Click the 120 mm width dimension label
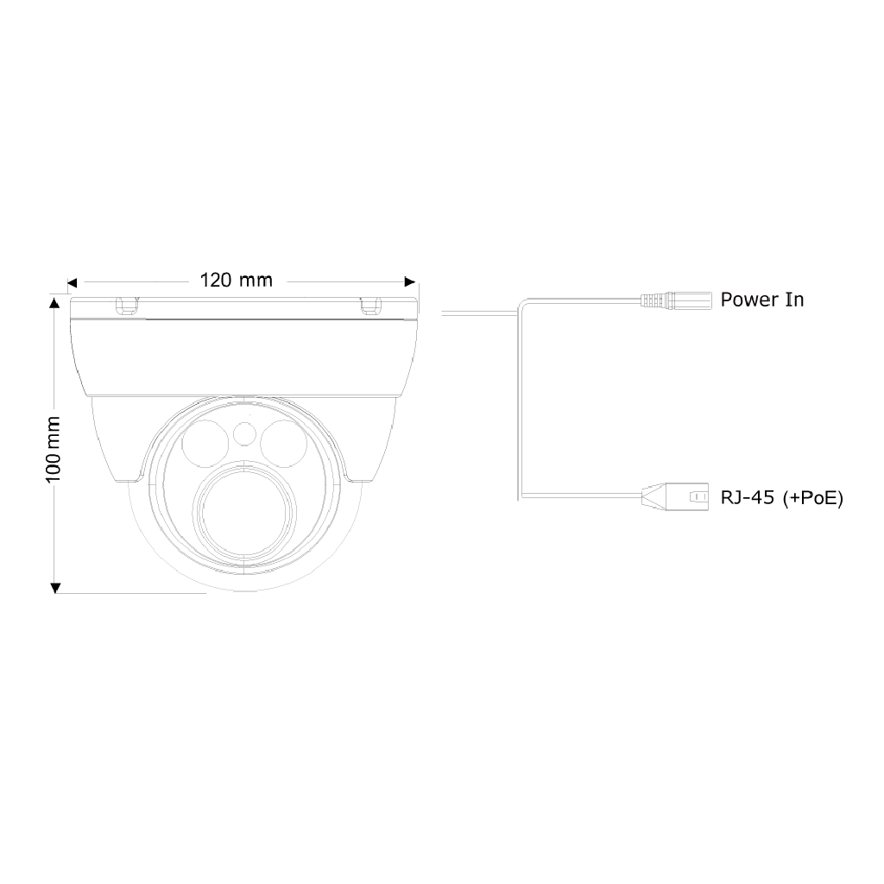pos(236,280)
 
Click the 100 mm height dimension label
pos(53,448)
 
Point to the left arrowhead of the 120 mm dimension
pos(73,281)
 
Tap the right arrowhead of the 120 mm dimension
pos(411,281)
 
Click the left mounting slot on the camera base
pos(127,305)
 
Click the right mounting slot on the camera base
pos(370,305)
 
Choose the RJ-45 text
pos(748,497)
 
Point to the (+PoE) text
pos(812,497)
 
